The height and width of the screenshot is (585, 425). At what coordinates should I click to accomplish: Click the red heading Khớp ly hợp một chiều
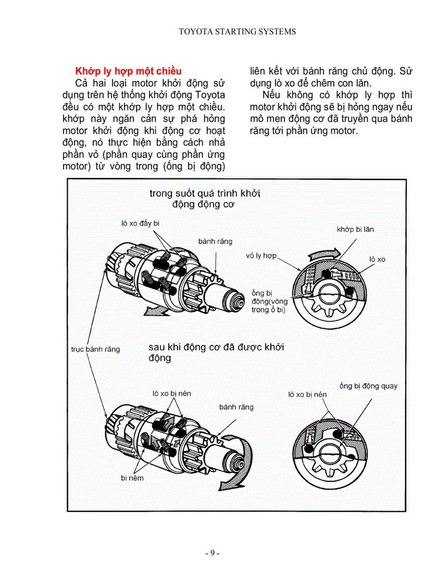tap(128, 71)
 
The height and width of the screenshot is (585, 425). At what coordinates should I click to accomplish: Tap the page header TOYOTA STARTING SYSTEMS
tap(237, 32)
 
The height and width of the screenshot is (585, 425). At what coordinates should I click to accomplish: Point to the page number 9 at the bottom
tap(212, 553)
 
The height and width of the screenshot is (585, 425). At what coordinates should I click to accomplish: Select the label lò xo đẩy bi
tap(140, 223)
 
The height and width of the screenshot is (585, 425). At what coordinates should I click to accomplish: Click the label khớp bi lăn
tap(355, 229)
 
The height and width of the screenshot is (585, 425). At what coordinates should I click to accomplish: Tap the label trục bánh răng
tap(95, 349)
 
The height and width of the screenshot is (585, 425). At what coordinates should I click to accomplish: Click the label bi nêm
tap(132, 477)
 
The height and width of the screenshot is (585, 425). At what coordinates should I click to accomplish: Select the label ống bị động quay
tap(368, 386)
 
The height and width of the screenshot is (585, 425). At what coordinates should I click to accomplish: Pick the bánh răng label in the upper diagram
tap(215, 241)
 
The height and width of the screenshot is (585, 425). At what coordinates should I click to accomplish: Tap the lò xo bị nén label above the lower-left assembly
tap(171, 393)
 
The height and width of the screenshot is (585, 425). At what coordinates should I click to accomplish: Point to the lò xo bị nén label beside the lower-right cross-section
tap(307, 394)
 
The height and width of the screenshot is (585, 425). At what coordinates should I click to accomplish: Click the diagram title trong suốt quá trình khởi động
tap(205, 198)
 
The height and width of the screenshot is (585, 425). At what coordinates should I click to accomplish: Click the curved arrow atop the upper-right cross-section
tap(323, 254)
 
